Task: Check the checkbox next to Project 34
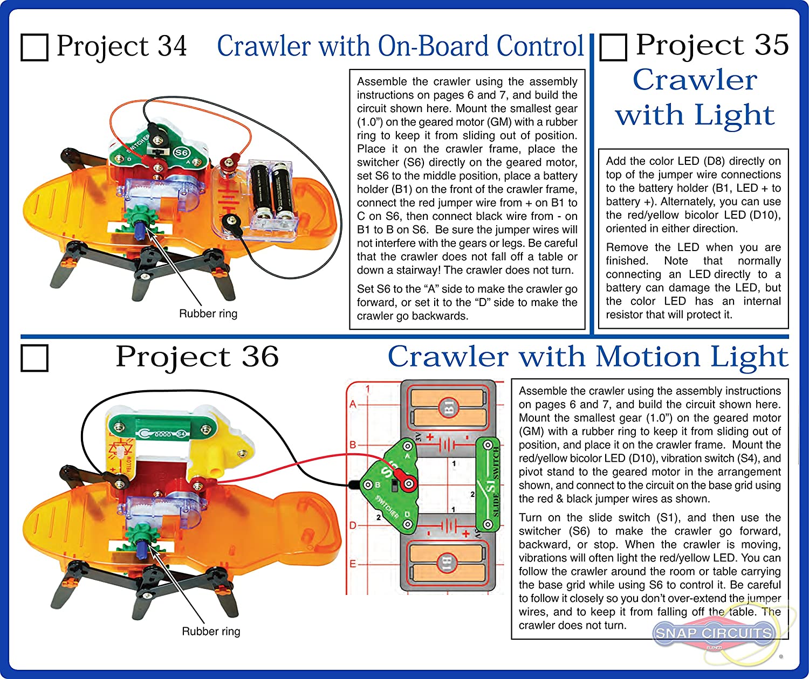click(35, 47)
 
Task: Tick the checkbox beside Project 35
click(613, 47)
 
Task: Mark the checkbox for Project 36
click(35, 358)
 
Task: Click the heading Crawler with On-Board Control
click(400, 46)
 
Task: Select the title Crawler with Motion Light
click(588, 357)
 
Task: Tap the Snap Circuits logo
click(713, 633)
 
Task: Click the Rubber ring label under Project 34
click(208, 314)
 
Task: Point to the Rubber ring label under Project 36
click(211, 631)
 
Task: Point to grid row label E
click(353, 564)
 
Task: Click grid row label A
click(353, 404)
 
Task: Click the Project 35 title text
click(712, 45)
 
